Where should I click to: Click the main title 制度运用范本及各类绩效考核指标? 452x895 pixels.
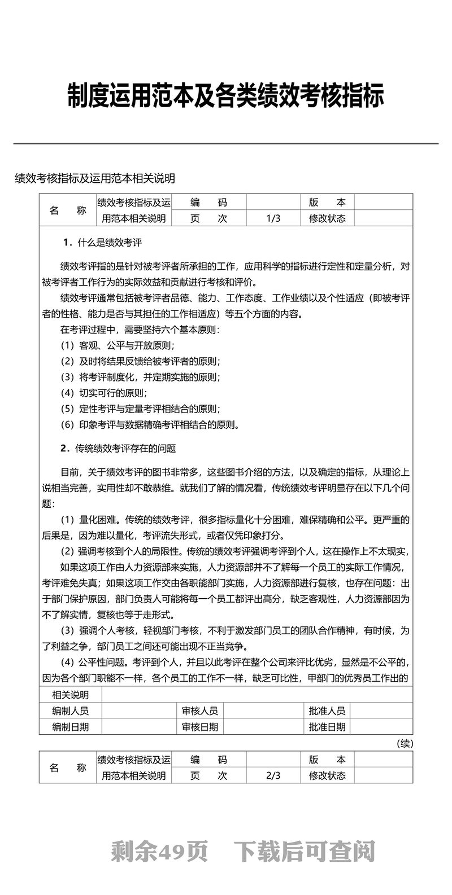tap(226, 96)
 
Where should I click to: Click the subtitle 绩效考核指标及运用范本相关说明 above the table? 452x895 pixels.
tap(95, 178)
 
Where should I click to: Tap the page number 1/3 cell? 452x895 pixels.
tap(273, 218)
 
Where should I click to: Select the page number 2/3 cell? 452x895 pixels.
tap(273, 775)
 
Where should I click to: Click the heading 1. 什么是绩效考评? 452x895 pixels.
tap(102, 243)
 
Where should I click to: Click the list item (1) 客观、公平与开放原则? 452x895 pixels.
tap(118, 345)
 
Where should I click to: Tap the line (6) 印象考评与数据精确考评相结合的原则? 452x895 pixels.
tap(150, 424)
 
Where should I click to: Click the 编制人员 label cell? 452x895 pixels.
tap(71, 710)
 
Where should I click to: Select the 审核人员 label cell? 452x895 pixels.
tap(200, 710)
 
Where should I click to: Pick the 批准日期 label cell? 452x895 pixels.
tap(327, 727)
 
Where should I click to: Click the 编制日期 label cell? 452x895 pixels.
tap(71, 727)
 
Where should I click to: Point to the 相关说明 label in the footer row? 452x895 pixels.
tap(71, 695)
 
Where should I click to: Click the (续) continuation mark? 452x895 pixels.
tap(405, 743)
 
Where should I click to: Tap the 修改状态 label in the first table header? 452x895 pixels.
tap(327, 218)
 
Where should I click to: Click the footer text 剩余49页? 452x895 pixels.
tap(160, 851)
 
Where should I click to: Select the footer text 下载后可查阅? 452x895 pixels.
tap(305, 851)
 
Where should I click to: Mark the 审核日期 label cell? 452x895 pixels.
tap(200, 727)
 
